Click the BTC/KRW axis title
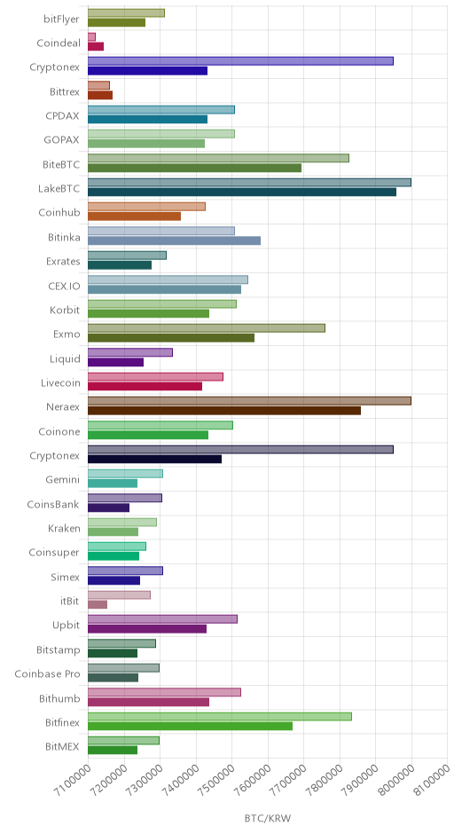click(268, 818)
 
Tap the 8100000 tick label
click(432, 781)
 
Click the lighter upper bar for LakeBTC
click(249, 183)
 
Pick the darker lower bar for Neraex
click(224, 411)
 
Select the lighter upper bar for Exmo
click(207, 328)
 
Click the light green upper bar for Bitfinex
click(220, 717)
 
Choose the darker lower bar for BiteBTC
click(194, 168)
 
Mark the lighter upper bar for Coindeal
click(91, 36)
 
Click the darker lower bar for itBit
click(98, 605)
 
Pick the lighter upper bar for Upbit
click(162, 619)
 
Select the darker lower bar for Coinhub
click(134, 216)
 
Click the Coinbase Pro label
click(47, 674)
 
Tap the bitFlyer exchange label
click(62, 20)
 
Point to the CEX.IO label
click(64, 287)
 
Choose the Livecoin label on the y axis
click(60, 383)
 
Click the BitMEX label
click(62, 747)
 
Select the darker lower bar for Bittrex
click(100, 95)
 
